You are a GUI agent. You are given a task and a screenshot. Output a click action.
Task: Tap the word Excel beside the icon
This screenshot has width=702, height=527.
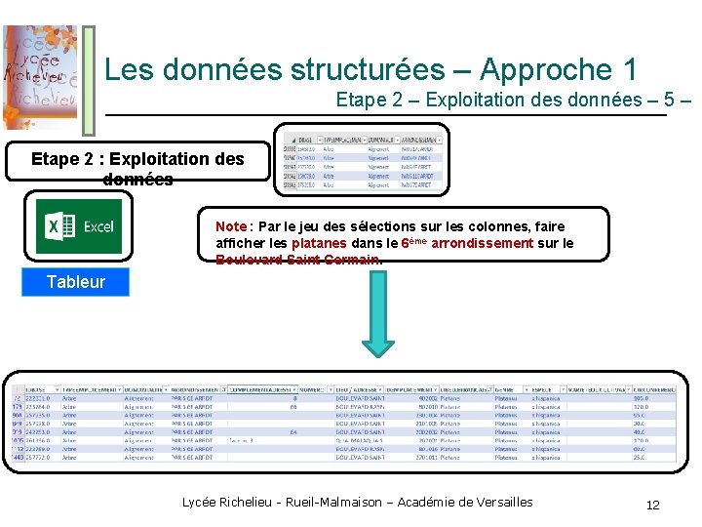[x=97, y=227]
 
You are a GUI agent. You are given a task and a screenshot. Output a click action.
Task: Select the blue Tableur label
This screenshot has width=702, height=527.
[x=75, y=282]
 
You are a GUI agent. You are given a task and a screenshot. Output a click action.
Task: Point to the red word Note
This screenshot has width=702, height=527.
[x=231, y=226]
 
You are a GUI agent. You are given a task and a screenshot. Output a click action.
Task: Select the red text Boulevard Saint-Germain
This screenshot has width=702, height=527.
[x=296, y=260]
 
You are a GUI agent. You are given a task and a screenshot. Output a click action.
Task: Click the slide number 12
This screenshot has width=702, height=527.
[x=652, y=505]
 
